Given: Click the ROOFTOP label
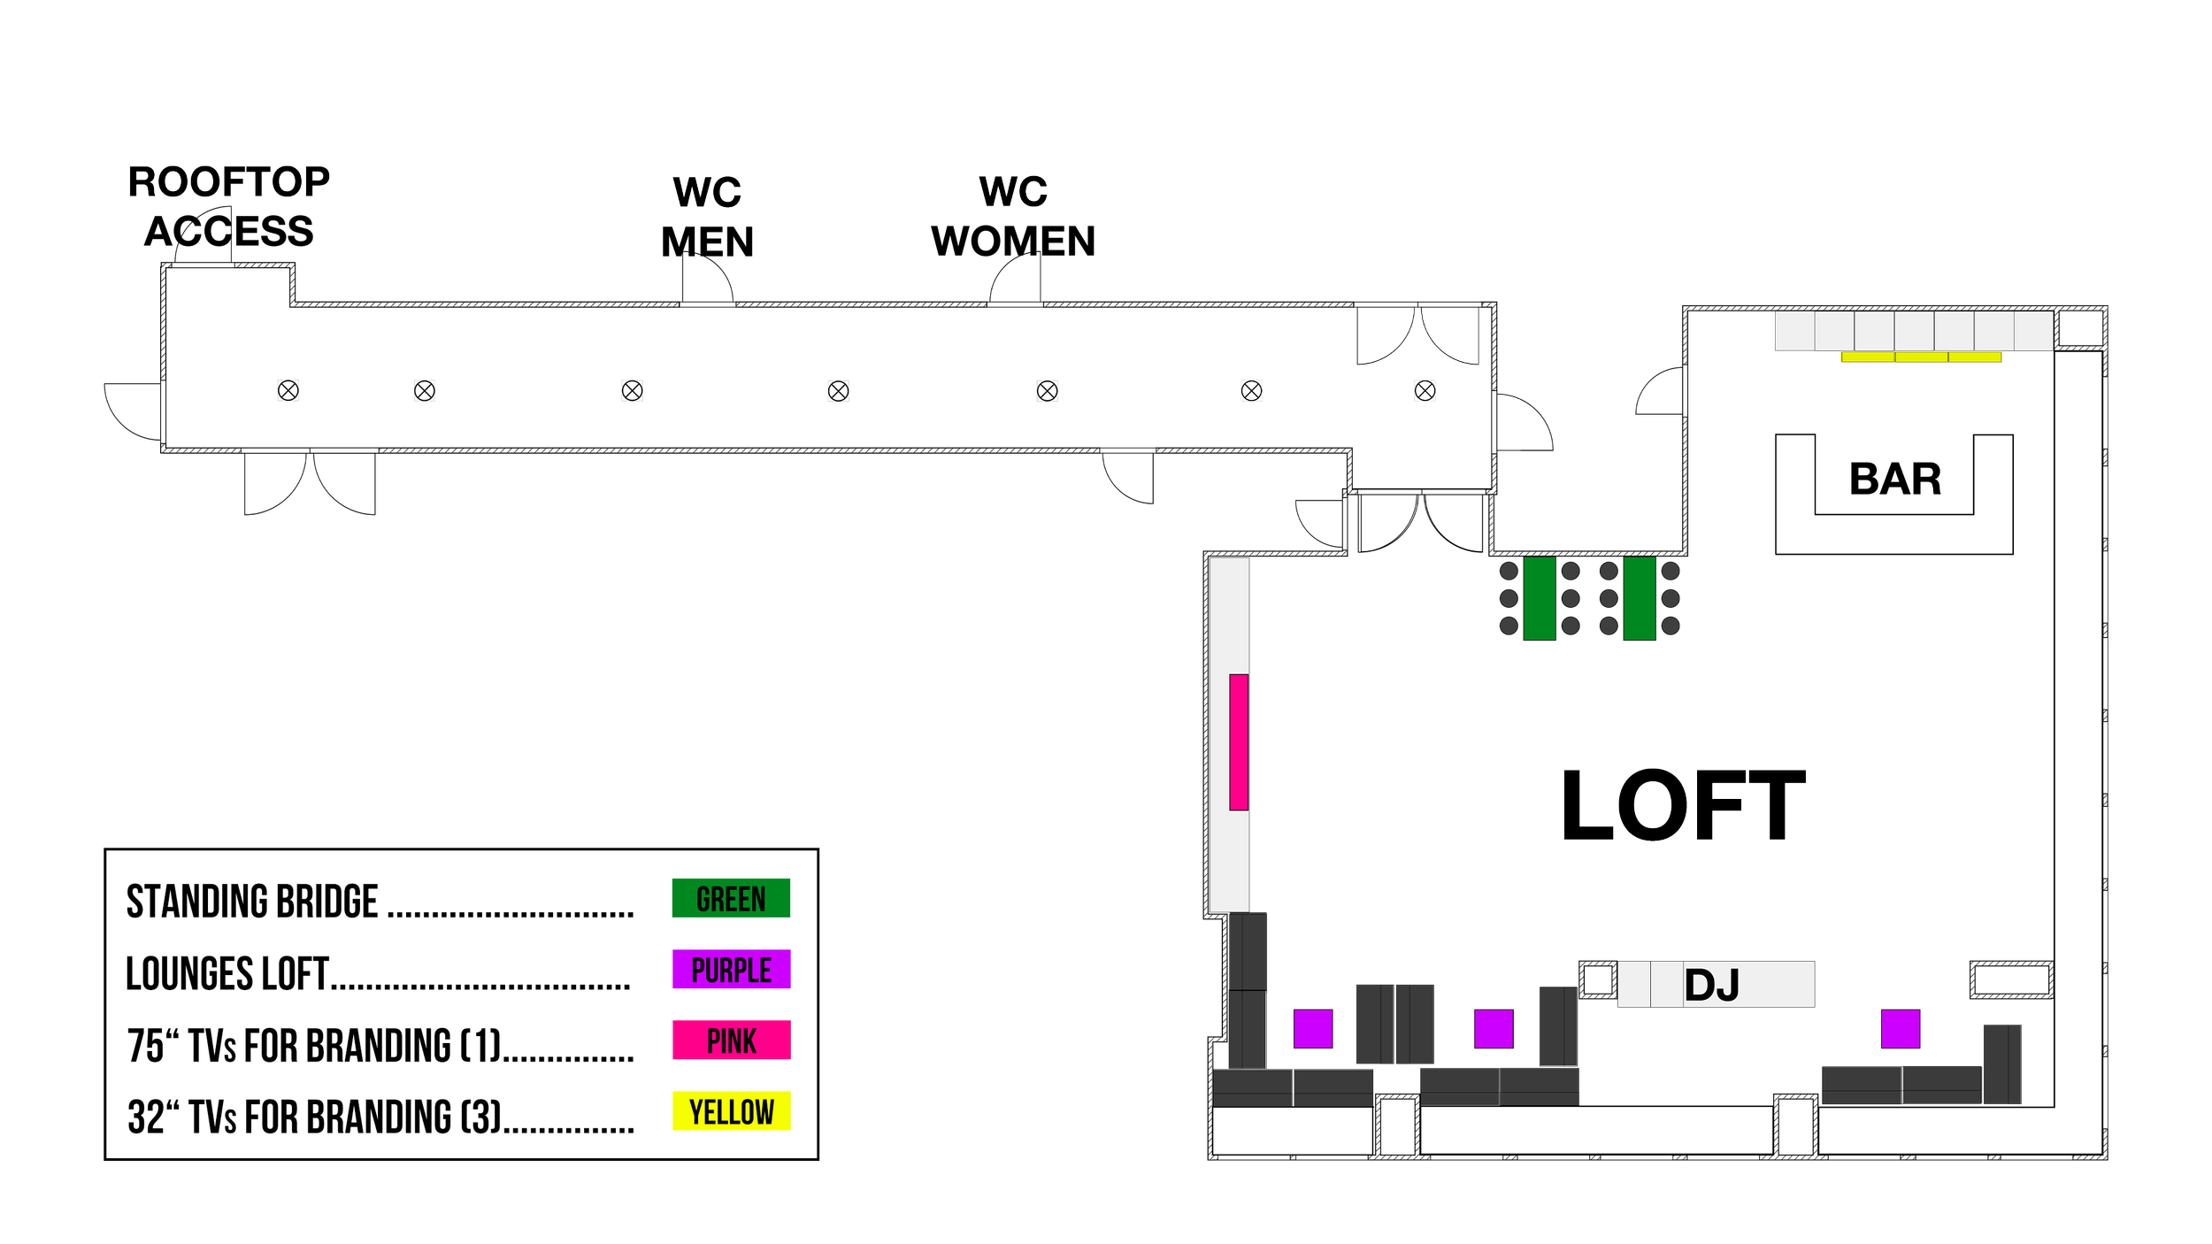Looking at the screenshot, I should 229,182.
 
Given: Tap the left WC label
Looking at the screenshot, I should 707,191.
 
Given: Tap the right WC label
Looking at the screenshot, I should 1013,191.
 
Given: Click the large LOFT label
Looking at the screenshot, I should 1684,804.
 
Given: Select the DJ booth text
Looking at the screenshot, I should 1712,985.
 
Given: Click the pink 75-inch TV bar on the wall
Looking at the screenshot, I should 1239,741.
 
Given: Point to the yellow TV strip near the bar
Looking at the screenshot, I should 1920,357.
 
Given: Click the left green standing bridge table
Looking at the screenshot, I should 1540,598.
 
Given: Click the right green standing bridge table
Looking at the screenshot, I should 1640,598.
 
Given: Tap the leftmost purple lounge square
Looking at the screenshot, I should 1313,1029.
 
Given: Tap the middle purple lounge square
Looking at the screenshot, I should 1494,1029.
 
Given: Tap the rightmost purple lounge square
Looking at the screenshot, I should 1901,1029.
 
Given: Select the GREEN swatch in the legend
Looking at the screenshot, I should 731,898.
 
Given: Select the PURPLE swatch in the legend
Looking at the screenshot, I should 731,969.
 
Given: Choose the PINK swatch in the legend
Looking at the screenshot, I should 731,1041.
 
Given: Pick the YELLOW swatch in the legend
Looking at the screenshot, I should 731,1111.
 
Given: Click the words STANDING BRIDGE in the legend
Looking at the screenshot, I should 252,902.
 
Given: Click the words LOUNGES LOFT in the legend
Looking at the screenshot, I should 227,973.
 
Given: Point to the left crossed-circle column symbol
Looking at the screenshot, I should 1251,390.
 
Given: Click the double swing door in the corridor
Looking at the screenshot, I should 1418,336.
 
